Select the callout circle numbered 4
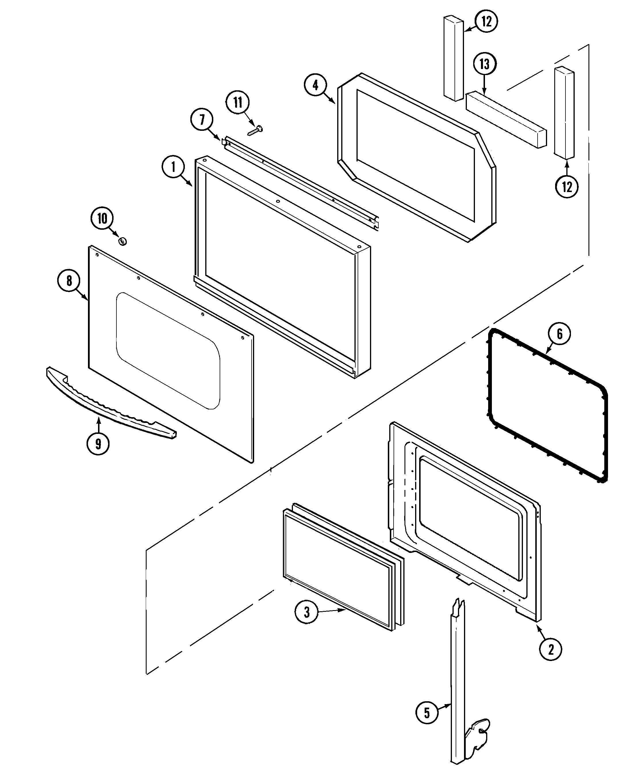[315, 85]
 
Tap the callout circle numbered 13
[484, 64]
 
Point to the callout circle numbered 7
[202, 120]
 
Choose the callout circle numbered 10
[102, 218]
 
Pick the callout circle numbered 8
[69, 281]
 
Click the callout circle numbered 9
[98, 444]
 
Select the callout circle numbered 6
[559, 334]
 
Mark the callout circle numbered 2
[551, 650]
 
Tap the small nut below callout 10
[122, 241]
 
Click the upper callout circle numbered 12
[486, 21]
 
